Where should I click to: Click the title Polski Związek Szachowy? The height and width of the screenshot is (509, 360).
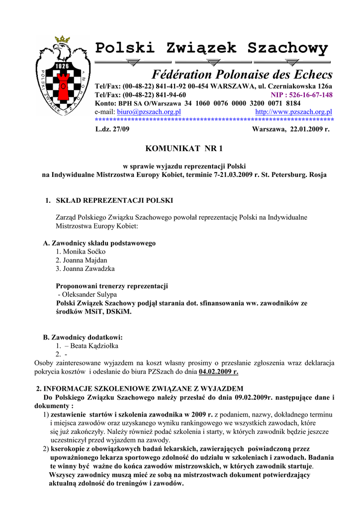(x=212, y=49)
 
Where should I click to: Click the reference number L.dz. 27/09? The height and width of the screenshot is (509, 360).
(x=112, y=129)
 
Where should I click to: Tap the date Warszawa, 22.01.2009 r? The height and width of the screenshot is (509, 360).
(x=291, y=129)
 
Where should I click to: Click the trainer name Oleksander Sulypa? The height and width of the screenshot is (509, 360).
(x=90, y=294)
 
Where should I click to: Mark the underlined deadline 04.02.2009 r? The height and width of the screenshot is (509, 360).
(x=218, y=371)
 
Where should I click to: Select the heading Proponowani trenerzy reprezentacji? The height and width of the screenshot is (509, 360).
(x=112, y=286)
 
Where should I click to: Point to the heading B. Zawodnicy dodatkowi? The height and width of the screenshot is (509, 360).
(x=83, y=337)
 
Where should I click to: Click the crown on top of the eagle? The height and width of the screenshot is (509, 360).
(x=63, y=39)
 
